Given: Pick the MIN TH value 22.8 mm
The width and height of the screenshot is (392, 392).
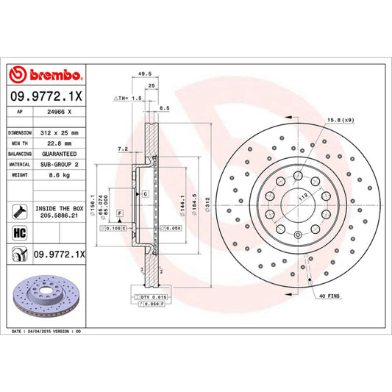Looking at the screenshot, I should (x=59, y=144).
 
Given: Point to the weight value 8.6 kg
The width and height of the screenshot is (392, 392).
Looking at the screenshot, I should (x=59, y=177).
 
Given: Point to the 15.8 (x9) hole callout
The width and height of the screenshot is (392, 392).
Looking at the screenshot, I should (x=344, y=120).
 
